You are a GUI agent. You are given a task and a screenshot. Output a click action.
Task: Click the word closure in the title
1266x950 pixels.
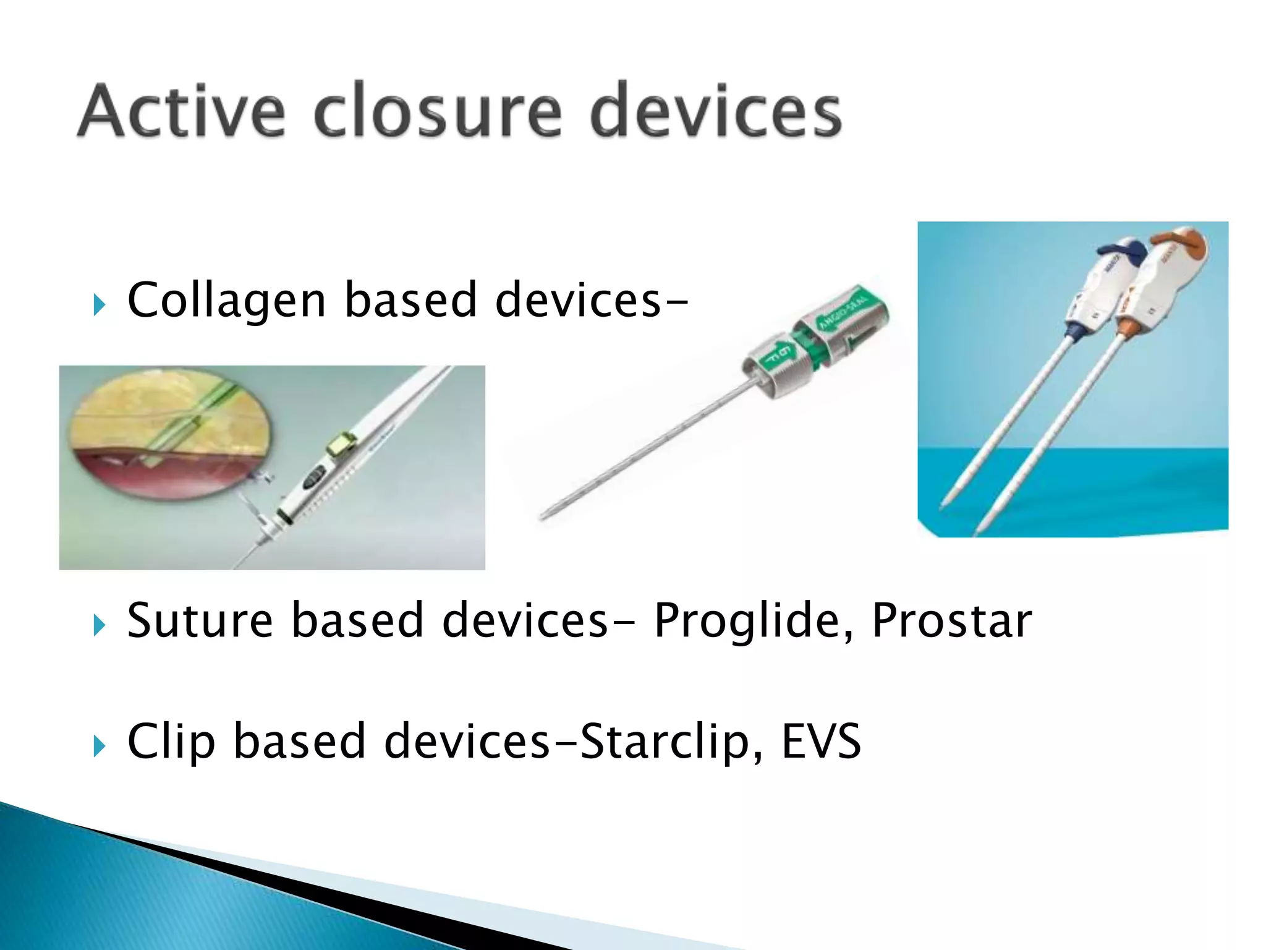pos(438,111)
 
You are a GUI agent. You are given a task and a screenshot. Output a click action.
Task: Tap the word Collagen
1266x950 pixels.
pos(226,301)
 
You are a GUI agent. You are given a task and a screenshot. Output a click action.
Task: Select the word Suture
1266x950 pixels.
pos(200,620)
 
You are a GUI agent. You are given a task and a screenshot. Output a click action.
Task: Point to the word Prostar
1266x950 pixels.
pos(951,620)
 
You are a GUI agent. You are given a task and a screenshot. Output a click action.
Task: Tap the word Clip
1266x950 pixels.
pos(171,741)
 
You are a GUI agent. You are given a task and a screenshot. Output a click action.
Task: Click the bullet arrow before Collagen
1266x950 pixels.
pos(99,305)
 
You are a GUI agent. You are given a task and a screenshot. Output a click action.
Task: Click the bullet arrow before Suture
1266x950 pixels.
pos(99,625)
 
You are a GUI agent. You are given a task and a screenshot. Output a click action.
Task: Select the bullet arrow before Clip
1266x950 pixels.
pos(99,746)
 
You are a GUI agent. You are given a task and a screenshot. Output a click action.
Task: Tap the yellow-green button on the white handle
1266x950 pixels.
pos(341,444)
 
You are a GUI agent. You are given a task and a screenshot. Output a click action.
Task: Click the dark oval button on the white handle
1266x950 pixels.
pos(314,476)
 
